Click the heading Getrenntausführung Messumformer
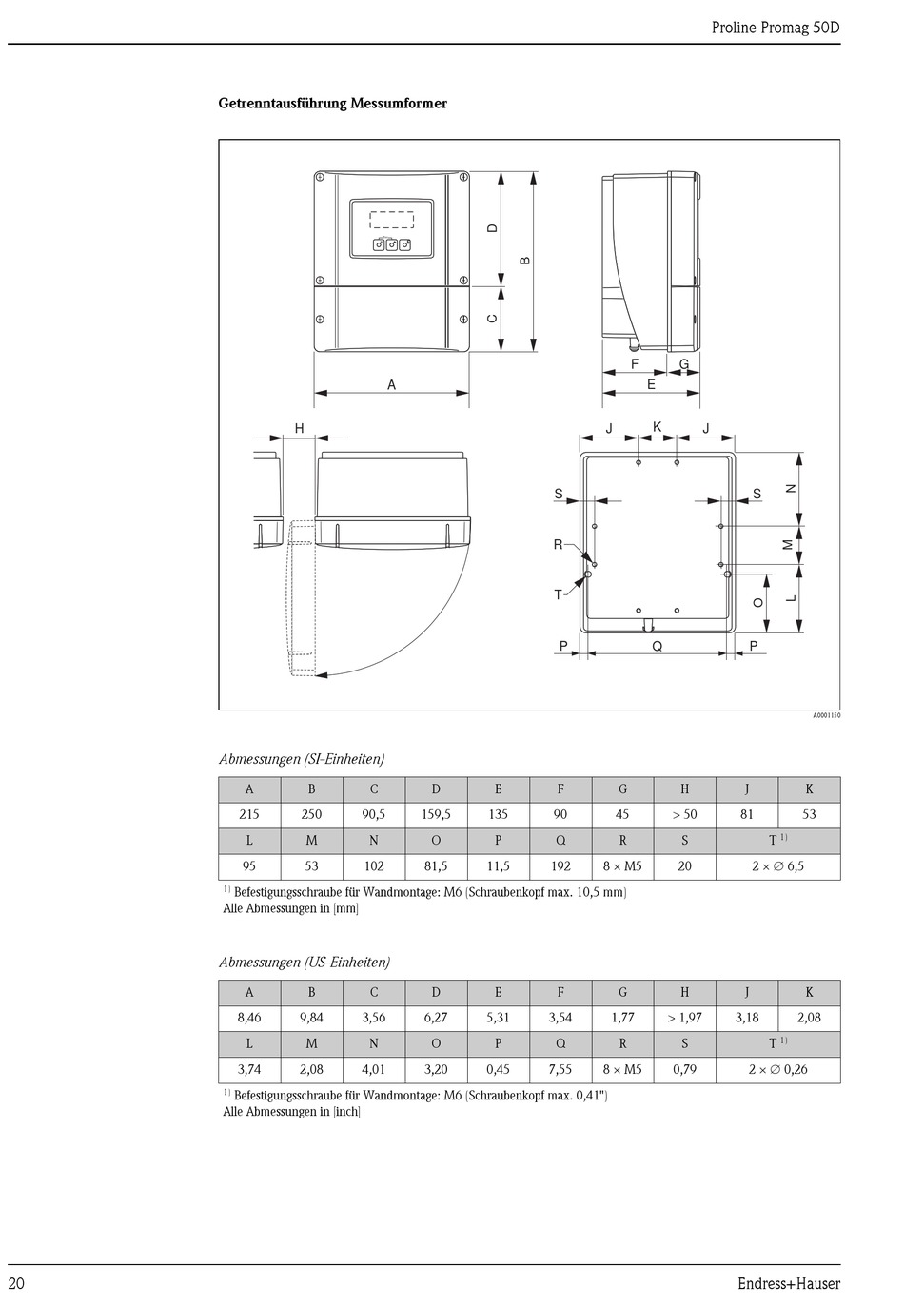coord(332,104)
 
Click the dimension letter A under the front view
coord(392,384)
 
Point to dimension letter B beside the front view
coord(525,261)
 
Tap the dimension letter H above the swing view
coord(299,429)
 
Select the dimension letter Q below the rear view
coord(658,646)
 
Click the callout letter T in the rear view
coord(559,594)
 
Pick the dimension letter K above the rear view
coord(658,427)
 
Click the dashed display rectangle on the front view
coord(392,220)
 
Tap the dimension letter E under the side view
coord(652,384)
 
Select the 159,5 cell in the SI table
coord(436,814)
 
